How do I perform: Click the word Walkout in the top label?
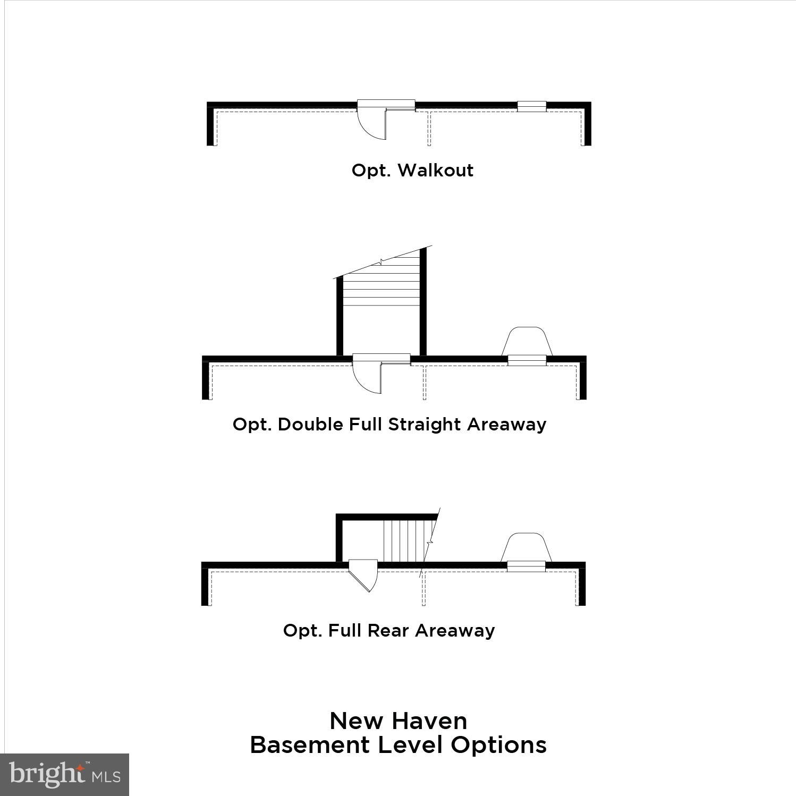point(435,170)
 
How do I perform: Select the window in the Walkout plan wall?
point(531,106)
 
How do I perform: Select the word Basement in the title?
point(310,744)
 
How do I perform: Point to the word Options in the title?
point(498,746)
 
